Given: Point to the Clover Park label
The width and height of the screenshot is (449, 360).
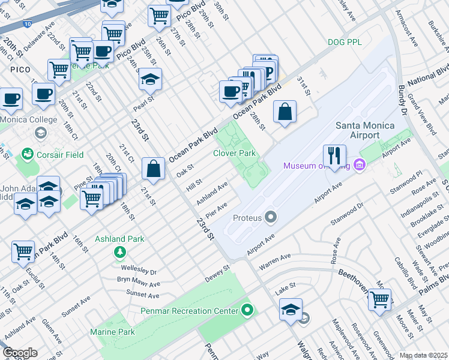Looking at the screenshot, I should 234,154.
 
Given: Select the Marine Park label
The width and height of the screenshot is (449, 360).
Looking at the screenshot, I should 112,332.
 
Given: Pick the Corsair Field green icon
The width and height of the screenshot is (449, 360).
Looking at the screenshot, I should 26,155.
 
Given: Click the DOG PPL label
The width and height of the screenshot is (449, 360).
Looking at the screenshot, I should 345,42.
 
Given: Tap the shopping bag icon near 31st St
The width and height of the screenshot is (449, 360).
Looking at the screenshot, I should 285,112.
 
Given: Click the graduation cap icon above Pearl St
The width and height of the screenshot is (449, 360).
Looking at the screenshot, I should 150,79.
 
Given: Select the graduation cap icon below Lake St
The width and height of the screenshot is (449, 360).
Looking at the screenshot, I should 291,309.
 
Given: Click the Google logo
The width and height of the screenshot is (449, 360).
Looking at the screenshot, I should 20,353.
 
